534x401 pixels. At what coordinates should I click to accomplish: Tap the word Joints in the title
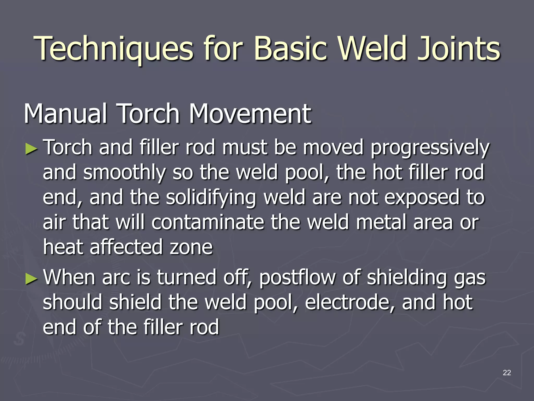point(458,49)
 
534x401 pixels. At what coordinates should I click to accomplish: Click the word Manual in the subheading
point(65,114)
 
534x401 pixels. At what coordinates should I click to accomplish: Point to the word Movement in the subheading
point(250,114)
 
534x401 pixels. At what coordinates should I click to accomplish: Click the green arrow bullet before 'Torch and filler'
point(32,150)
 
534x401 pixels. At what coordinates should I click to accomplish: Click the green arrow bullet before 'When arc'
point(32,279)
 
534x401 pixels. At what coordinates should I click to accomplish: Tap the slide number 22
point(507,373)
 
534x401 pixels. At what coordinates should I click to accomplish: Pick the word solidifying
point(211,198)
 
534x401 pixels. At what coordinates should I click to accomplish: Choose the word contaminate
point(208,222)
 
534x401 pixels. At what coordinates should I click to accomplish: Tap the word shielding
point(407,278)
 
